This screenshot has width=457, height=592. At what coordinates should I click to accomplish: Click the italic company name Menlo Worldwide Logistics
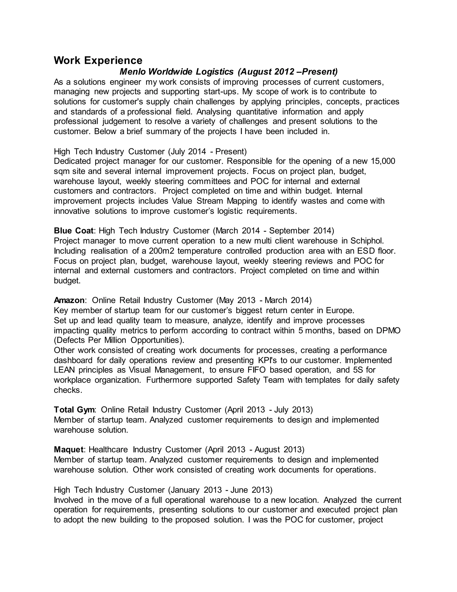click(x=176, y=71)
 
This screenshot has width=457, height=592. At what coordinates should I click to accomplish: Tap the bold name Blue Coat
click(x=74, y=231)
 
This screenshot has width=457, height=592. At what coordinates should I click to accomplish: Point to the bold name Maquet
click(x=69, y=449)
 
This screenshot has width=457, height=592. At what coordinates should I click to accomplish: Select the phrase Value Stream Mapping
click(x=214, y=201)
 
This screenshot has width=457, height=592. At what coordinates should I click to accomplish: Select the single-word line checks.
click(x=68, y=390)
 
